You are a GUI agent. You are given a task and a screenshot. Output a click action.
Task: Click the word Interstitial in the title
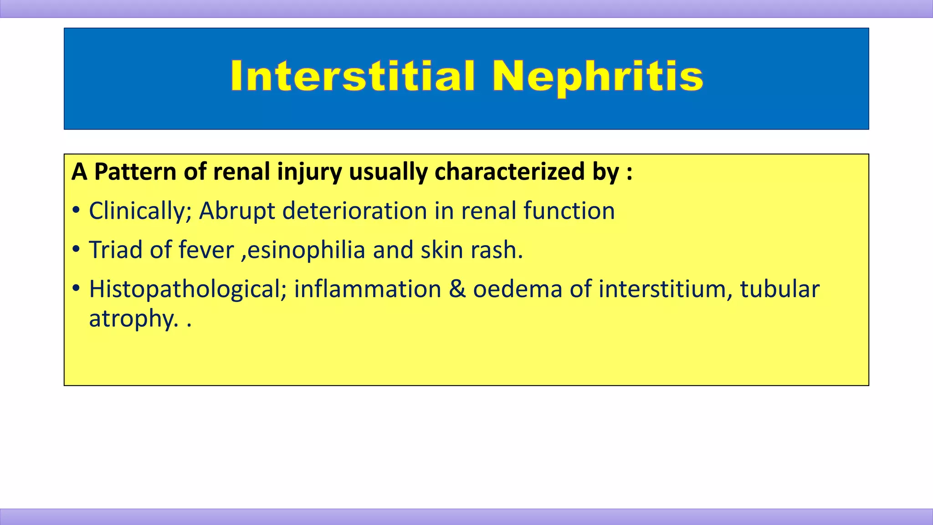pos(353,76)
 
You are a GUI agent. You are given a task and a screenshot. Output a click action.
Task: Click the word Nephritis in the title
pos(597,76)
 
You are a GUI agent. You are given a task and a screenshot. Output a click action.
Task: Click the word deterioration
pos(354,211)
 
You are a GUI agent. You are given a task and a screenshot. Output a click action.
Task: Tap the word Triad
pos(116,250)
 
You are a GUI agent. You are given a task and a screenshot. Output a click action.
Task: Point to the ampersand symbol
pos(457,290)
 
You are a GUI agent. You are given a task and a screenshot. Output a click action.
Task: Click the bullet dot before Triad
pos(76,250)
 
